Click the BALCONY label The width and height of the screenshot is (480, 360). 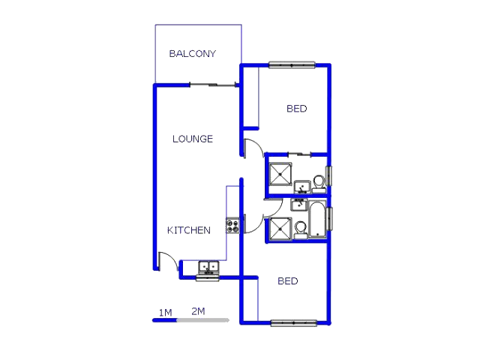tap(192, 54)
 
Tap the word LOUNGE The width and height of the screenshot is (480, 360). tap(193, 139)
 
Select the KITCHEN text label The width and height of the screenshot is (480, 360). tap(188, 230)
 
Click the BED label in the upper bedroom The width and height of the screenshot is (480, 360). tap(296, 109)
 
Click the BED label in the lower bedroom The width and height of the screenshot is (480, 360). tap(288, 281)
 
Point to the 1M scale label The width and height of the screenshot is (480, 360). tap(165, 311)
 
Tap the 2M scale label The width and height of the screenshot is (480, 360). tap(199, 311)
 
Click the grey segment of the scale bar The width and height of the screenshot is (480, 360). tap(202, 320)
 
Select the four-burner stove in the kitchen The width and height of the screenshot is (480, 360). tap(232, 224)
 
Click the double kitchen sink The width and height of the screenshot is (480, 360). tap(207, 267)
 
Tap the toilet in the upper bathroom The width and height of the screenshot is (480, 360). tap(319, 181)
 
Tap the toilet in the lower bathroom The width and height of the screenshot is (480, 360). tap(300, 228)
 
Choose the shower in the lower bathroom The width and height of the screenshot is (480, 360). tap(280, 229)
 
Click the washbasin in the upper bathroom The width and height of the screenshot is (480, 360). tap(301, 186)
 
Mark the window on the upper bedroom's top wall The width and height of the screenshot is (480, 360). tap(292, 65)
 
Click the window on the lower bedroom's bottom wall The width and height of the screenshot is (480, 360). tap(293, 323)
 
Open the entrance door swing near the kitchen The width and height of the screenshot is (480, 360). tap(169, 262)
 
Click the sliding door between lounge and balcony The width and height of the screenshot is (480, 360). tap(214, 85)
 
